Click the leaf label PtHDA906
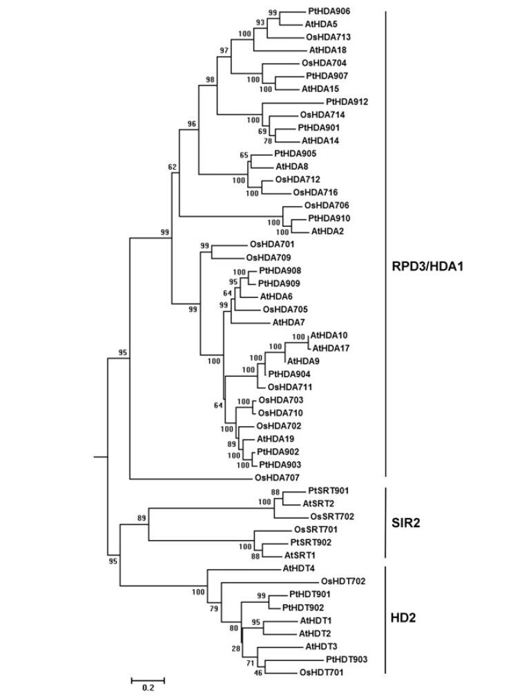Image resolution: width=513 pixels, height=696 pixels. [328, 12]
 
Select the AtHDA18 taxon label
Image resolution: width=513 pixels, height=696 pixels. [328, 50]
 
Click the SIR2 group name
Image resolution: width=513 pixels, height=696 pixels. [407, 523]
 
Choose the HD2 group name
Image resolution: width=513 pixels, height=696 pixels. [405, 618]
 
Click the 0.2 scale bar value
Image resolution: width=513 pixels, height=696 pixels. [148, 688]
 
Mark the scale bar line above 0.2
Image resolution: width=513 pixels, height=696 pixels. [148, 679]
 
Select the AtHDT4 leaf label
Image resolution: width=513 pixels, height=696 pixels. [300, 569]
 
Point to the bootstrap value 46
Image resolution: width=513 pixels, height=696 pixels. [260, 672]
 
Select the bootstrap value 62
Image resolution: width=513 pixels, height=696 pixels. [173, 167]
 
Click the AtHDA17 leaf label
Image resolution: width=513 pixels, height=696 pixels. [331, 348]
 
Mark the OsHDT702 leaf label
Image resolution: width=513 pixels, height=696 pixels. [343, 581]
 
